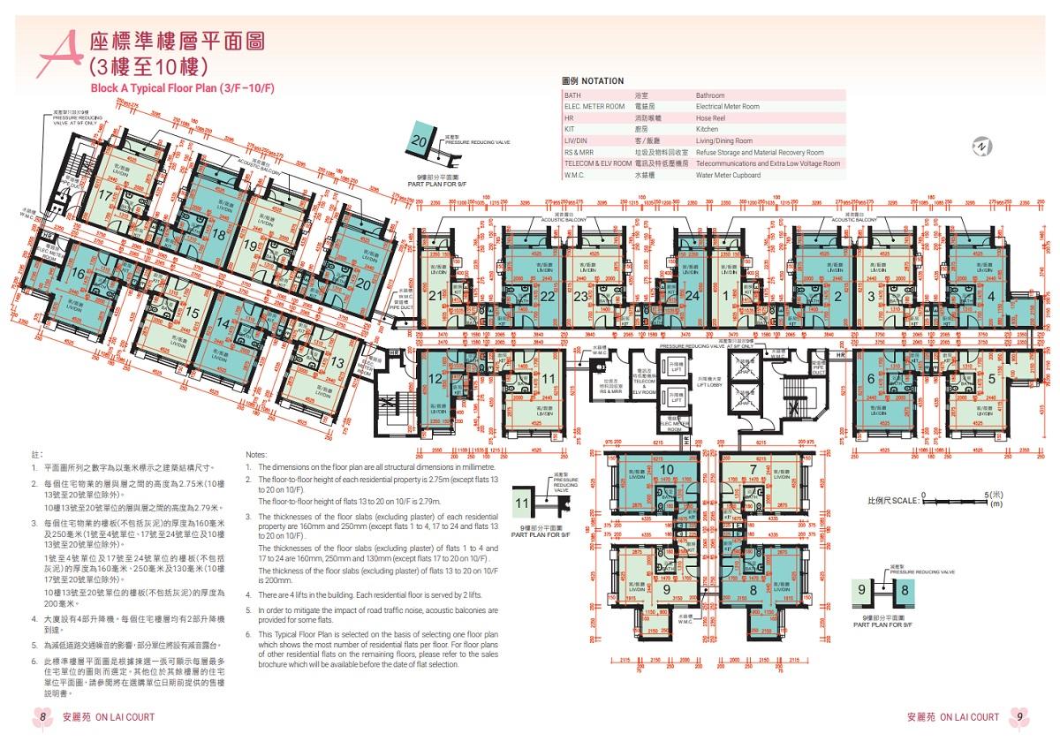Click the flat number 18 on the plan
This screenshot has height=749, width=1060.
[x=218, y=234]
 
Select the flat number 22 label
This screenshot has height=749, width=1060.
[x=548, y=297]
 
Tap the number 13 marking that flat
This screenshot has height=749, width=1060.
[x=337, y=363]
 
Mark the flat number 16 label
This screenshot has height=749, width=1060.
[x=79, y=275]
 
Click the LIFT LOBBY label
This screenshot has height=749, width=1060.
[x=697, y=383]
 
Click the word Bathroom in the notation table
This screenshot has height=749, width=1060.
[x=709, y=95]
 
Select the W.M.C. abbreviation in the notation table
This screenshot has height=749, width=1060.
[x=577, y=175]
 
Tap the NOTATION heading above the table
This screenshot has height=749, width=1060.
[x=593, y=81]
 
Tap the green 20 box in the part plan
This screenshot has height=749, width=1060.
[x=420, y=141]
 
